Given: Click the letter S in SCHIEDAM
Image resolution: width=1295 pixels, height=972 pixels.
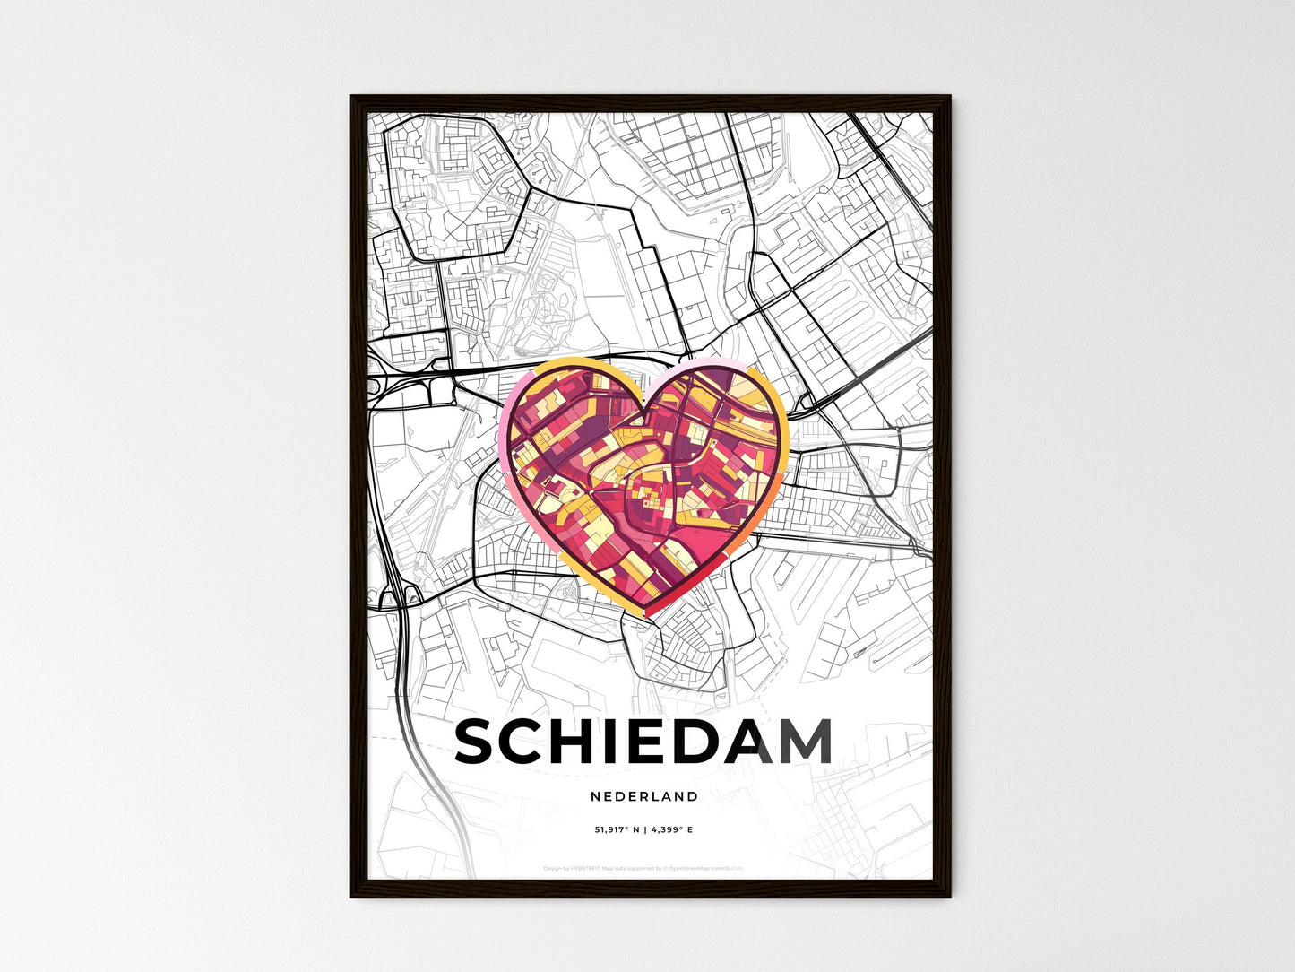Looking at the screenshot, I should (x=480, y=742).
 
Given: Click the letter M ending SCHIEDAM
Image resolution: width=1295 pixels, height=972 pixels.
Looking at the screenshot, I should (x=803, y=742).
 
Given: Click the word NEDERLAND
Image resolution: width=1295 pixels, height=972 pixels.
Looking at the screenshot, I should (x=644, y=796).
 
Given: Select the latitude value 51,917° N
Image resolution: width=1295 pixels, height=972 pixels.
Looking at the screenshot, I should (x=617, y=830).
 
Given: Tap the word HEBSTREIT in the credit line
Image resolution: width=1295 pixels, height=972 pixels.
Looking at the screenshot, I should (x=584, y=868).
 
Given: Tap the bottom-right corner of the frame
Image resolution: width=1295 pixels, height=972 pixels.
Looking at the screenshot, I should (x=950, y=897).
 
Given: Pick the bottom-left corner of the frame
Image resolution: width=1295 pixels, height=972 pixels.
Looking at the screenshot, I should (x=350, y=897).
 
